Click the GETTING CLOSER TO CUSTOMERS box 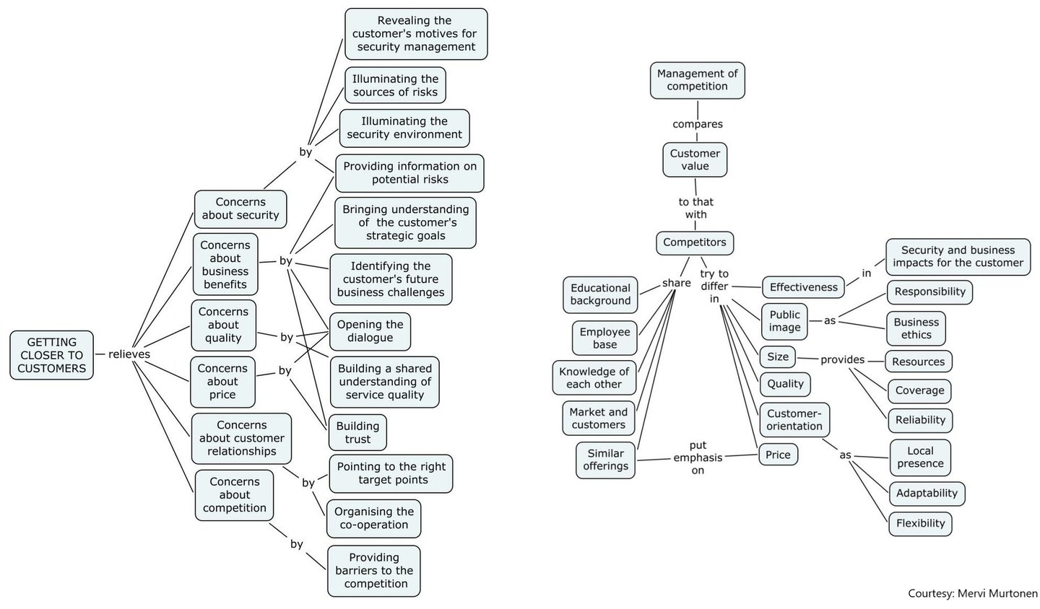(x=52, y=355)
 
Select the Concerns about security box (x=240, y=209)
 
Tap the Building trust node (x=357, y=432)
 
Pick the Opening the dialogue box (x=370, y=331)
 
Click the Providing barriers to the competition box (x=374, y=571)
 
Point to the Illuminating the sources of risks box (x=395, y=85)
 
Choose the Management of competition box (x=697, y=80)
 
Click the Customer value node (x=695, y=159)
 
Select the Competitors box (x=695, y=242)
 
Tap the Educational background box (x=600, y=294)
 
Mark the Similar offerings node (x=605, y=460)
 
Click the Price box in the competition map (x=778, y=455)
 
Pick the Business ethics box (x=916, y=328)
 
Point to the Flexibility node (x=920, y=523)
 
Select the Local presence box (x=920, y=457)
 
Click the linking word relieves (x=129, y=354)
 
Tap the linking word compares (x=698, y=124)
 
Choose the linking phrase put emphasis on (x=698, y=457)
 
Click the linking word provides (x=842, y=359)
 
